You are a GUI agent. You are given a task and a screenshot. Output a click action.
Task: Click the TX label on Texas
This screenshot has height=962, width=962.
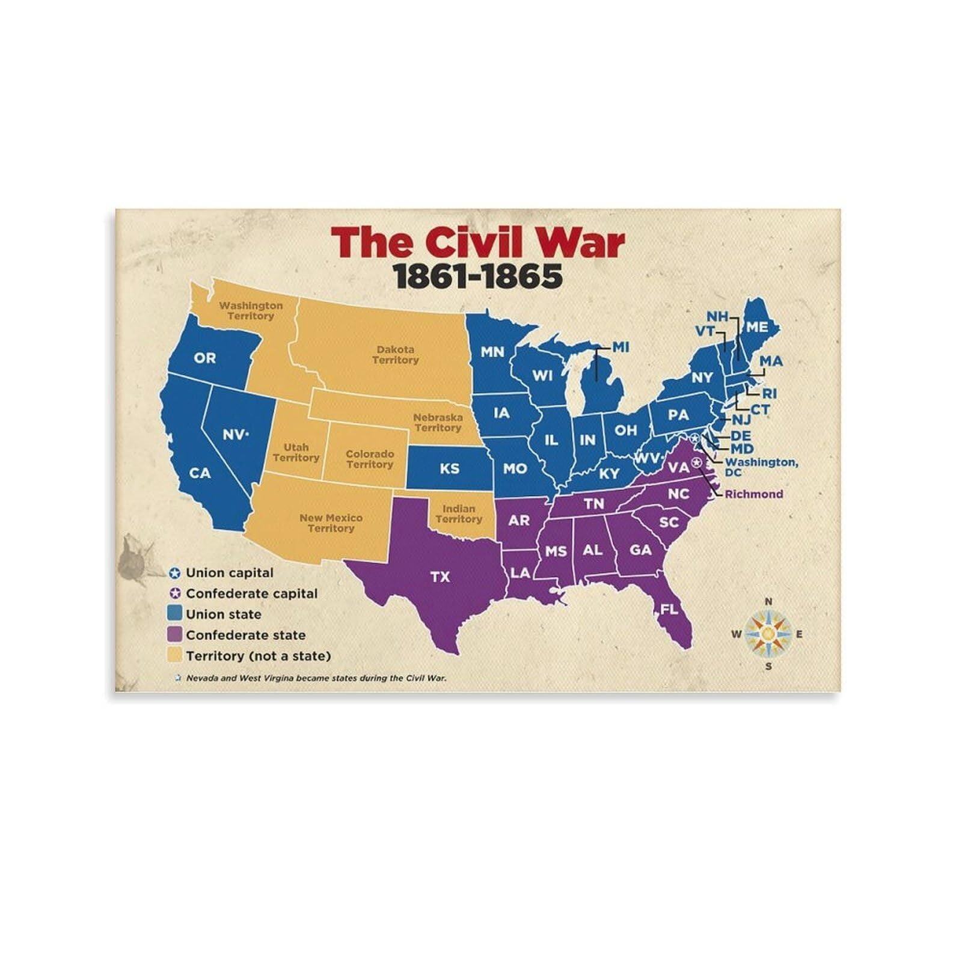point(440,577)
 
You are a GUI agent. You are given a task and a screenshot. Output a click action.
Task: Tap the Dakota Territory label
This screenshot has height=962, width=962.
point(395,355)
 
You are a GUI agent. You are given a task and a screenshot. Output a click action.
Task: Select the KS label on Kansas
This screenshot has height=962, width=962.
point(449,468)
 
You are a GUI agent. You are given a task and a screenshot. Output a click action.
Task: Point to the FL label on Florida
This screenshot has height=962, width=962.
point(669,609)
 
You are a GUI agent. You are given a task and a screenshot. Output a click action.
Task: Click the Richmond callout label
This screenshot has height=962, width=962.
point(754,494)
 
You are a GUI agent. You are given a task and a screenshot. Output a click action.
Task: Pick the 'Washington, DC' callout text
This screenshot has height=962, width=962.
point(761,467)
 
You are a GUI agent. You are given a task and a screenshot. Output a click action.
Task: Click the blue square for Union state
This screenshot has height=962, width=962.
point(175,613)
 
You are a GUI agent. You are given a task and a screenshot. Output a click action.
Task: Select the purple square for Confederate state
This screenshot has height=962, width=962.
point(175,634)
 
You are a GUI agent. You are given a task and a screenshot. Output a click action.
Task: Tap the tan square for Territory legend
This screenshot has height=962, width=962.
point(175,655)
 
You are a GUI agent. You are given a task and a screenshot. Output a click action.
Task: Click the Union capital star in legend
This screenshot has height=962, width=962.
point(175,573)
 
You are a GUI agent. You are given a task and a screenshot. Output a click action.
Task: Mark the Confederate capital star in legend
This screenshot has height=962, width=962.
point(175,593)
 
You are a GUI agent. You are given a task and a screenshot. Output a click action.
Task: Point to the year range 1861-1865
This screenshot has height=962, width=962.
point(477,276)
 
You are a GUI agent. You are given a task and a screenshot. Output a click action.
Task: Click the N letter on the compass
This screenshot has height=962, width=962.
point(768,602)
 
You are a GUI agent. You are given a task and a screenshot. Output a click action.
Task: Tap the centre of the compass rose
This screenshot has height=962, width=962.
point(768,633)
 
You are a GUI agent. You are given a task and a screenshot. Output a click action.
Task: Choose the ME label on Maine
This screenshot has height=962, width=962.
point(757,327)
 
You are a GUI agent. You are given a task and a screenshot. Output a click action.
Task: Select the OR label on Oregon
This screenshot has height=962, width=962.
point(204,358)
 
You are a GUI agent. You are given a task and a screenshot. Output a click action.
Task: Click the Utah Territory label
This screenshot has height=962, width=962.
point(296,452)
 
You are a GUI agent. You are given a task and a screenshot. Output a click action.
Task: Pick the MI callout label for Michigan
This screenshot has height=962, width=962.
point(620,347)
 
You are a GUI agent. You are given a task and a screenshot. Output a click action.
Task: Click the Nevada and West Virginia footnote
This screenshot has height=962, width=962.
point(316,678)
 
